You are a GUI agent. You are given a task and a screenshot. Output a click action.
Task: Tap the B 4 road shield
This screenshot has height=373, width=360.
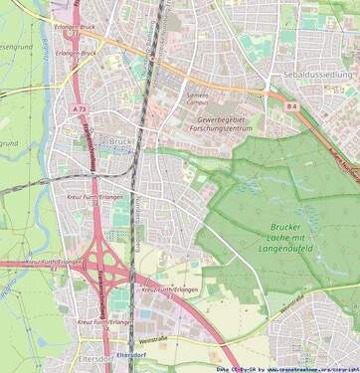click(x=291, y=104)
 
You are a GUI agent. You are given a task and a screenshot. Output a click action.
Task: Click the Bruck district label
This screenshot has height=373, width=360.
click(x=119, y=141)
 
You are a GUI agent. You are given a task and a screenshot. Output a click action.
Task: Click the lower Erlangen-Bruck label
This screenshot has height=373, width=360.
click(x=76, y=53)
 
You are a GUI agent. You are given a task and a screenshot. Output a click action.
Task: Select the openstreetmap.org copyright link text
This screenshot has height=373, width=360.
click(x=309, y=368)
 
